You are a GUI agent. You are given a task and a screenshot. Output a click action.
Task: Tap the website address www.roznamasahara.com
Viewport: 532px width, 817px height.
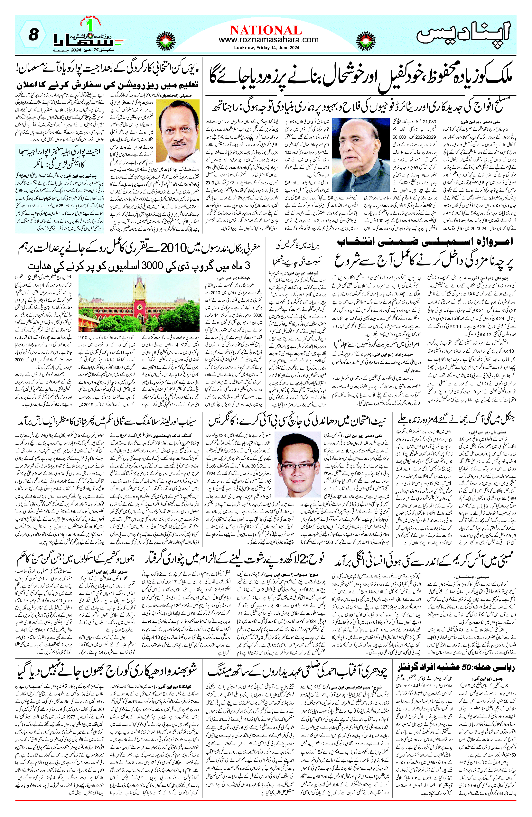point(268,40)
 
